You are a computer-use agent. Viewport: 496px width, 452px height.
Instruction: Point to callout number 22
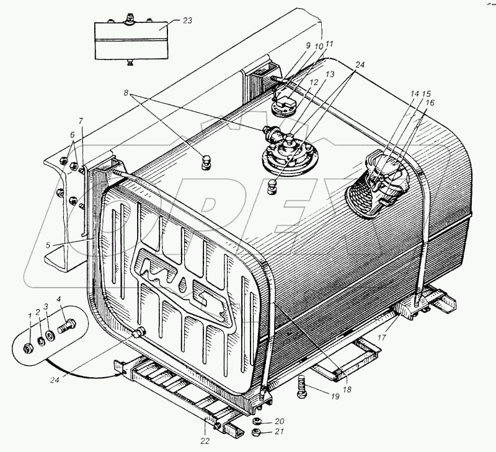point(204,441)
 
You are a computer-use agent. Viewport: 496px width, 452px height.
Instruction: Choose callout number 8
point(126,93)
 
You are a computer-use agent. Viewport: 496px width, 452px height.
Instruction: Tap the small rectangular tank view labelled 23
point(131,41)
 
